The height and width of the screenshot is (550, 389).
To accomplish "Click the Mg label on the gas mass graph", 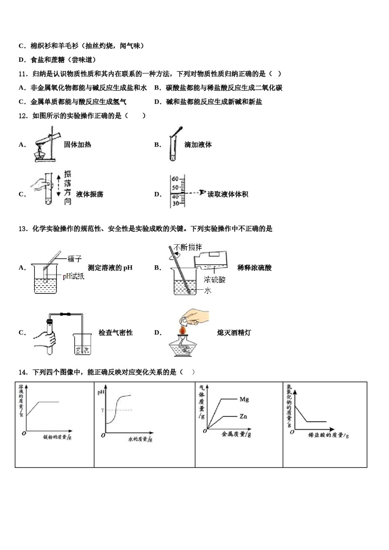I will pos(244,399).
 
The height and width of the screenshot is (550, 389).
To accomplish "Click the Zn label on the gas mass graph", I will pos(243,416).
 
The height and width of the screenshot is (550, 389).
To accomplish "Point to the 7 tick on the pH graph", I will pos(102,410).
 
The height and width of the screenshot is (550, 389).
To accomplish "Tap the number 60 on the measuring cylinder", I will pos(175,179).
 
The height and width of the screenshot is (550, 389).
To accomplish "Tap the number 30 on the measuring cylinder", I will pos(175,203).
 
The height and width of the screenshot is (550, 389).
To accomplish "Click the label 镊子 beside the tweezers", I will pos(75,259).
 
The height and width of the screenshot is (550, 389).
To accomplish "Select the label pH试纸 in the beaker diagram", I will pos(73,276).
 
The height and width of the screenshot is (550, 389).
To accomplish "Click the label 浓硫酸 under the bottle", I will pos(215,280).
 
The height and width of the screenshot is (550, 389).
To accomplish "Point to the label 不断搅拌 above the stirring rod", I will pos(188,247).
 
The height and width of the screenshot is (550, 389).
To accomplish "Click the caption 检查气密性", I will pos(115,333).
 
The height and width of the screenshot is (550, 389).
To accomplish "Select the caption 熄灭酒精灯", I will pos(234,333).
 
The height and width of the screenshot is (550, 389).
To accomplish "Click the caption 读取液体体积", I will pos(228,194).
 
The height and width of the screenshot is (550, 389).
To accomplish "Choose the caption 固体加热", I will pos(77,144).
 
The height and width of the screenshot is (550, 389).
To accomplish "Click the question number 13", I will pos(23,229).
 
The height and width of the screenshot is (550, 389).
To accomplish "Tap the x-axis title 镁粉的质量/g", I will pos(57,437).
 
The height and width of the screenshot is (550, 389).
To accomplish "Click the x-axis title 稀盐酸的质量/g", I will pos(328,435).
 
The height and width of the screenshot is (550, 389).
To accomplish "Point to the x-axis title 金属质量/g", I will pos(236,434).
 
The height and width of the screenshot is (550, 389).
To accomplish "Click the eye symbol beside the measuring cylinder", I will pos(202,192).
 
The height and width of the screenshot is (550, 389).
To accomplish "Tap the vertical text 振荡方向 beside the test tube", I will pos(68,187).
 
